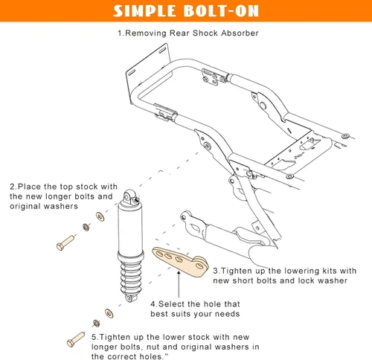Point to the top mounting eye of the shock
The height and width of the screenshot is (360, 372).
(x=132, y=196)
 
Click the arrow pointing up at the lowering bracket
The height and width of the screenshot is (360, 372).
(x=179, y=286)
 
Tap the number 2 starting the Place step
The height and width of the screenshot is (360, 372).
(x=12, y=186)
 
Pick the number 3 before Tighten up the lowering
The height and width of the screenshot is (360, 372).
(x=216, y=271)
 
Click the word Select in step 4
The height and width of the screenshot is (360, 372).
(x=174, y=303)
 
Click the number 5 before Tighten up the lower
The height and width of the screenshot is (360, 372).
(x=94, y=337)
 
